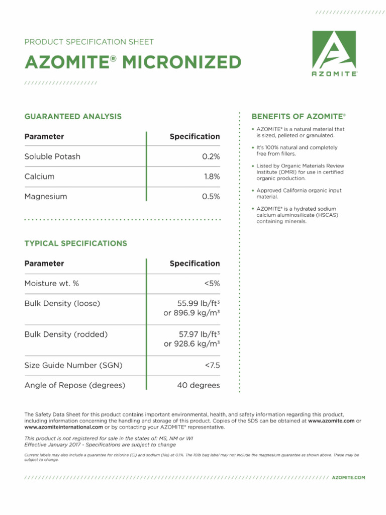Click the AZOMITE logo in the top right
pyautogui.click(x=334, y=53)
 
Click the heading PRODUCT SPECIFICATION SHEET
pyautogui.click(x=89, y=42)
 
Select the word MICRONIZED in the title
pyautogui.click(x=181, y=63)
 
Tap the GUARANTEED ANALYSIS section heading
pyautogui.click(x=73, y=117)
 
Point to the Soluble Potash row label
pyautogui.click(x=52, y=156)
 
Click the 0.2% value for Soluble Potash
pyautogui.click(x=211, y=156)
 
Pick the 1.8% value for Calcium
pyautogui.click(x=212, y=177)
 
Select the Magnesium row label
pyautogui.click(x=46, y=197)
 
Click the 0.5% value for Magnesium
pyautogui.click(x=211, y=197)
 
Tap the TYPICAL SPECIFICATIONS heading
pyautogui.click(x=76, y=243)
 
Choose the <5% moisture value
pyautogui.click(x=212, y=284)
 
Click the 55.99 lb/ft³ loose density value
pyautogui.click(x=199, y=304)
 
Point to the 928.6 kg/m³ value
pyautogui.click(x=191, y=344)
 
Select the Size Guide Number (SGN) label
pyautogui.click(x=73, y=365)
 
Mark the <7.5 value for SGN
pyautogui.click(x=212, y=365)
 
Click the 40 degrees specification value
pyautogui.click(x=198, y=386)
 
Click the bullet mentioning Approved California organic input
pyautogui.click(x=299, y=194)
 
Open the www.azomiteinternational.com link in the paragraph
pyautogui.click(x=60, y=427)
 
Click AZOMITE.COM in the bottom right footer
pyautogui.click(x=349, y=477)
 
